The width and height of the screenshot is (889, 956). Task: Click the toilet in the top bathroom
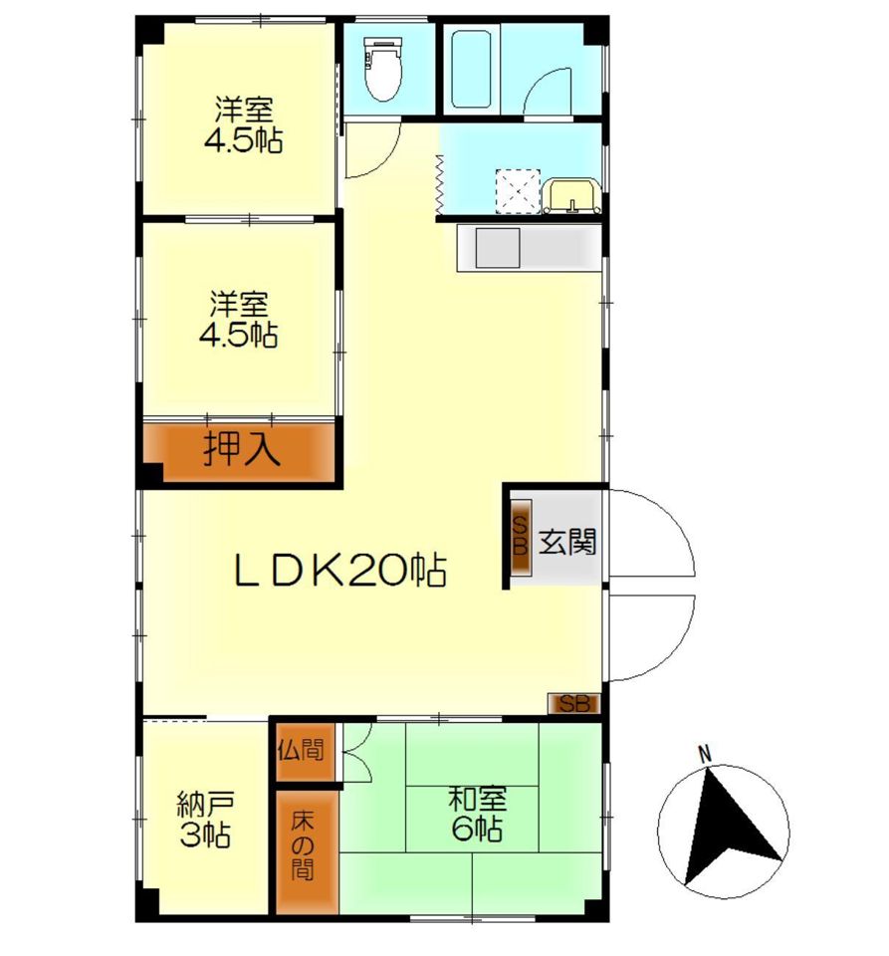[382, 69]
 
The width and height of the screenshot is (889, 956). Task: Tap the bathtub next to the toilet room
[472, 69]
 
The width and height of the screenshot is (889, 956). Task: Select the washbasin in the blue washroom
[572, 195]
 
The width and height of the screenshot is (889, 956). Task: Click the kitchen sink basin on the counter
[497, 248]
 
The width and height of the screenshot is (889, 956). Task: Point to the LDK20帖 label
[340, 571]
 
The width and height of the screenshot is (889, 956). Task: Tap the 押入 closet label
[241, 449]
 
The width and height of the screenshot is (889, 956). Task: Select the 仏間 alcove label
[301, 750]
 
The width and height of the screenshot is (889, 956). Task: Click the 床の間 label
[303, 845]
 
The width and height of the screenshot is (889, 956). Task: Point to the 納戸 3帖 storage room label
[205, 819]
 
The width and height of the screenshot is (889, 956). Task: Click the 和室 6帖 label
[478, 814]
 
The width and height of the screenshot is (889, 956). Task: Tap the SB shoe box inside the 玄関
[521, 537]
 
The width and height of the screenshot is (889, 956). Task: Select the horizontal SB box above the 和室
[574, 704]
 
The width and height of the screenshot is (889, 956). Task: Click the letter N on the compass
[705, 754]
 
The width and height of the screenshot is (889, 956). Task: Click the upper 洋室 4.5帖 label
[244, 125]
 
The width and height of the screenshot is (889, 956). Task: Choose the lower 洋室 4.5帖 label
[239, 320]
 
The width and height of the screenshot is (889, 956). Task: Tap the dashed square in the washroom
[518, 191]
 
